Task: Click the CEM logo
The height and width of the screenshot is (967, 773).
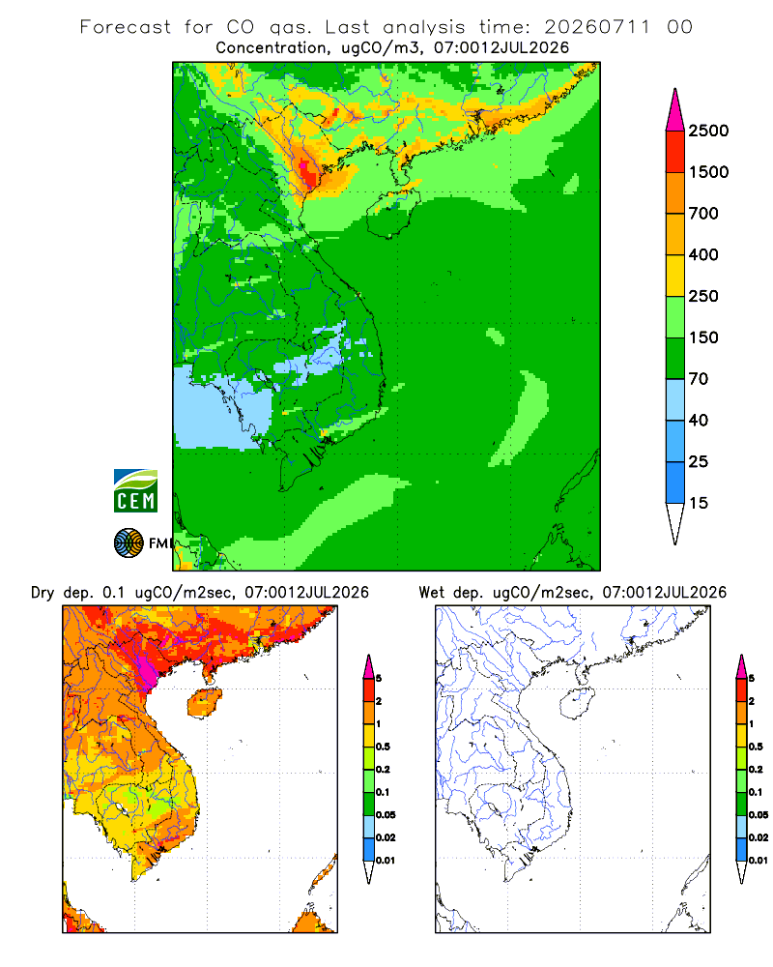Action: click(135, 491)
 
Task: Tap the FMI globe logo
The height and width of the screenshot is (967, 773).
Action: click(129, 543)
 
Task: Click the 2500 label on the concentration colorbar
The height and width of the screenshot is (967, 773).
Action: click(708, 131)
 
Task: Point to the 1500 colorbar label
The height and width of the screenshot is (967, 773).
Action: click(708, 172)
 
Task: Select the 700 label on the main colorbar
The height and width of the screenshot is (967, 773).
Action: click(703, 214)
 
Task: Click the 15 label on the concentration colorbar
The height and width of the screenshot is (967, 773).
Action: click(699, 503)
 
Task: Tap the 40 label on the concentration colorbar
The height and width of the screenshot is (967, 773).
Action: click(699, 421)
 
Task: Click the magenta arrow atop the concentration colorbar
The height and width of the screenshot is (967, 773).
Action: click(675, 111)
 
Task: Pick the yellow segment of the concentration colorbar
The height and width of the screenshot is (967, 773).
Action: click(675, 276)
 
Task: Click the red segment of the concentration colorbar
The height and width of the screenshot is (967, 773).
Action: click(675, 152)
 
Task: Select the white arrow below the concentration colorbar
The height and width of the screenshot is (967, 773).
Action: click(675, 523)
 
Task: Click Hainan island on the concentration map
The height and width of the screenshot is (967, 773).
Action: click(392, 214)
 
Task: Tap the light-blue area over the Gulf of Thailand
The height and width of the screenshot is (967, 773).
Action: click(222, 408)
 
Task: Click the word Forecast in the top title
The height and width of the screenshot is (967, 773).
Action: click(126, 27)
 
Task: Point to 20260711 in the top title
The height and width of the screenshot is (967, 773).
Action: click(597, 27)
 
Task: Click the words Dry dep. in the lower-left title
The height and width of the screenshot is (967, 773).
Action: click(61, 593)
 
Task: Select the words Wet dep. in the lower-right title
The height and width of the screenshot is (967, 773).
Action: click(450, 593)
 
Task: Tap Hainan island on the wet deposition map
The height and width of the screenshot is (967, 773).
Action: click(577, 704)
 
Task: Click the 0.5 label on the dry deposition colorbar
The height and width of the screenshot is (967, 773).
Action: click(383, 747)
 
